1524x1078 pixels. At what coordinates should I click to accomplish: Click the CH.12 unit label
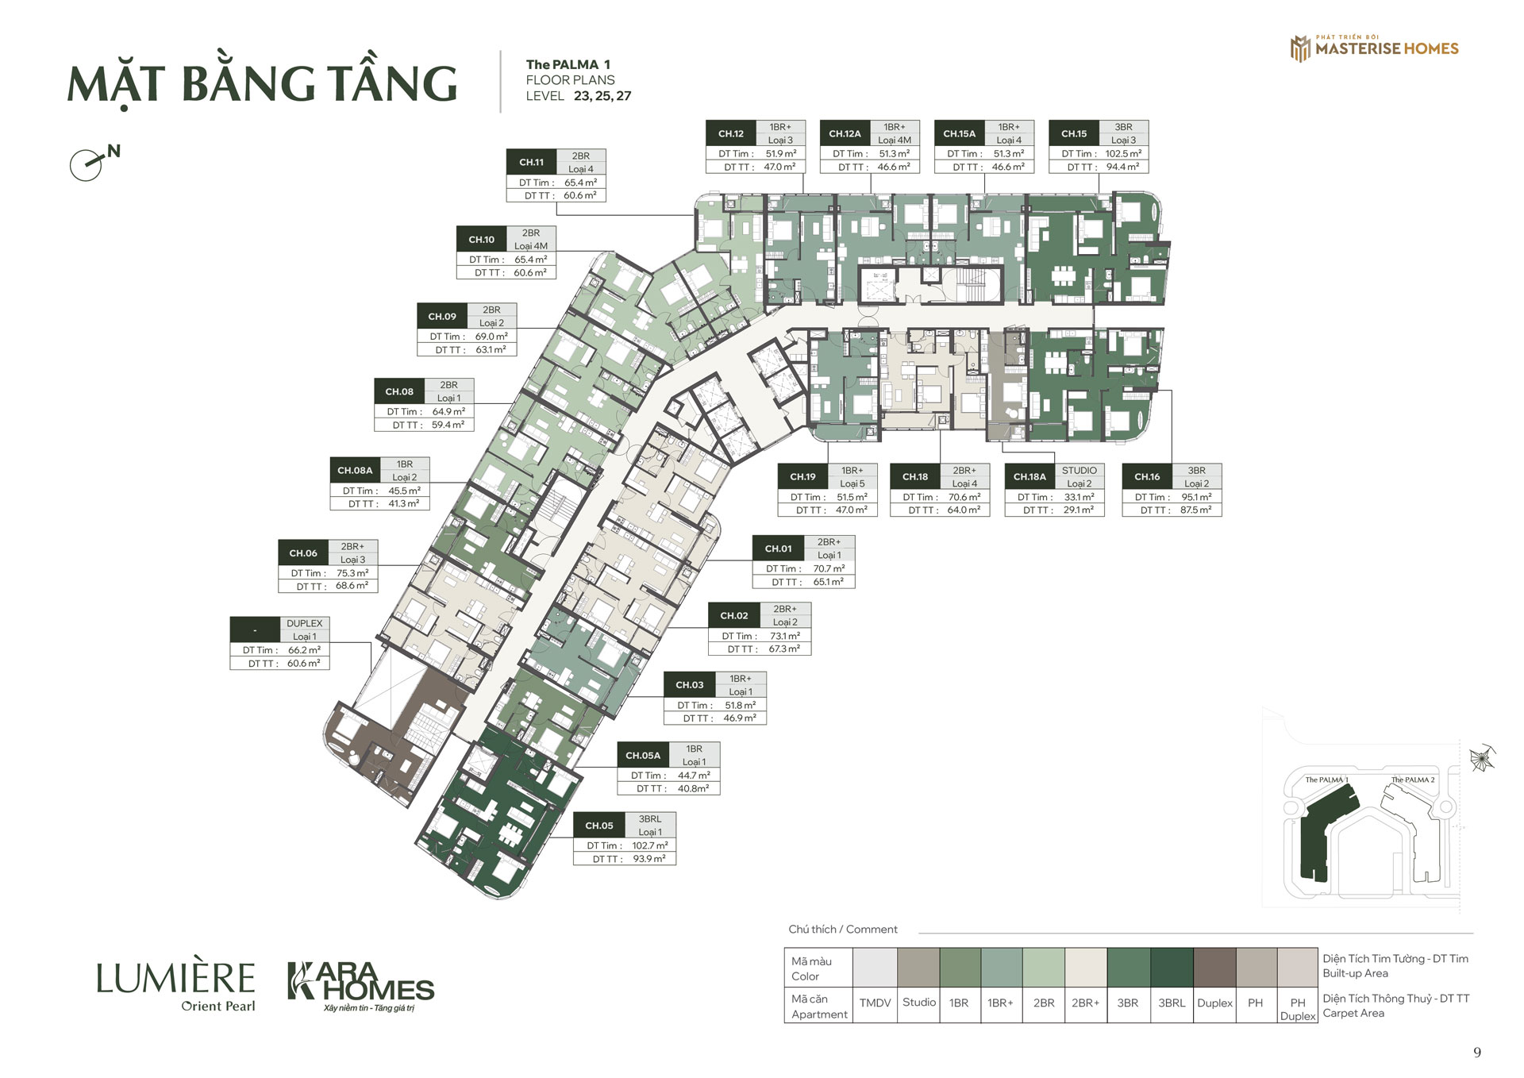731,133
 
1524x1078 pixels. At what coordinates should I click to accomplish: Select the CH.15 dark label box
1074,133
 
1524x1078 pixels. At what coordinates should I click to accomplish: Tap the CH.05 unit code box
599,826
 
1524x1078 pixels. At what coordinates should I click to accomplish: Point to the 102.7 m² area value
650,845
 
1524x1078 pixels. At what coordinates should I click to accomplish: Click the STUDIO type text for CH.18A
1079,471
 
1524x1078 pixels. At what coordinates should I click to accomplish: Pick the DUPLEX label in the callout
305,623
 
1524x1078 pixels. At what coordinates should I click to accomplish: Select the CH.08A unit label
355,471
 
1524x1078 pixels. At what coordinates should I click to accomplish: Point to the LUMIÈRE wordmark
175,978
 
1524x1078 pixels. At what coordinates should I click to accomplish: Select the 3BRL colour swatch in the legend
1172,967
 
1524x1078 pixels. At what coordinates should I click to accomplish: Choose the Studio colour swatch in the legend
918,967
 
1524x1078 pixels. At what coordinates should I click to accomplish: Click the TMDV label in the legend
875,1003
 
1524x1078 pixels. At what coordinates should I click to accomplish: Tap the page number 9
1477,1053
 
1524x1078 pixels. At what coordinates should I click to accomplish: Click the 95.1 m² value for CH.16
1196,497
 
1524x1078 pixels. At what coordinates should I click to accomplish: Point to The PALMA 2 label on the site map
1413,780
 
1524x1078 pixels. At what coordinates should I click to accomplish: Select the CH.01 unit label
778,549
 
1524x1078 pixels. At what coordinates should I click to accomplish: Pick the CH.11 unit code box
532,162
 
